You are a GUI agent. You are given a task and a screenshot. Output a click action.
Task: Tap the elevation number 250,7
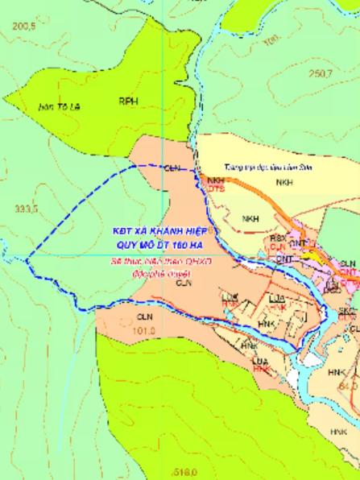click(321, 73)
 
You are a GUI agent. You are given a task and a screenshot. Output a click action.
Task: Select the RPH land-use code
click(128, 102)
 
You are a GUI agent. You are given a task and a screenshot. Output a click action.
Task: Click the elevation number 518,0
click(185, 470)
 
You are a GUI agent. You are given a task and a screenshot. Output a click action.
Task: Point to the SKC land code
click(347, 310)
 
